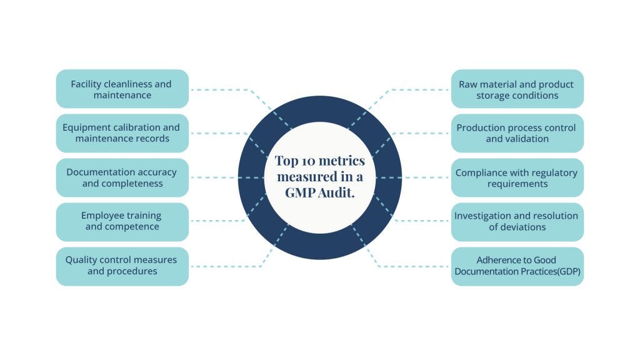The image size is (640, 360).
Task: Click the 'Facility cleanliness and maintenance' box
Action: click(122, 89)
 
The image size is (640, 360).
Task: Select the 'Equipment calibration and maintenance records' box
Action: click(122, 133)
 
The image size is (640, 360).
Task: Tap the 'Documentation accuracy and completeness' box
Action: click(122, 177)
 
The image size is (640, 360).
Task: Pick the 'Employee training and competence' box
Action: click(122, 221)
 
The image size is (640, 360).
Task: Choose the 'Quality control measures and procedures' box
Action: click(122, 266)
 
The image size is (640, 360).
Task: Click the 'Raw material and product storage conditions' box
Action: click(517, 89)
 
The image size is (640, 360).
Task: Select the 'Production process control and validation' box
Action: click(517, 133)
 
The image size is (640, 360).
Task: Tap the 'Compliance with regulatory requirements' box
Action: click(517, 177)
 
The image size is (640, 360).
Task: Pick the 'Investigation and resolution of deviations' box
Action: click(517, 221)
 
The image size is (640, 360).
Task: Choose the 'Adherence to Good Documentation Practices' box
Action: click(517, 266)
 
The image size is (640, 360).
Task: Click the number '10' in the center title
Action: click(307, 161)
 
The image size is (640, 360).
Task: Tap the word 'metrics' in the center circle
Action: click(342, 161)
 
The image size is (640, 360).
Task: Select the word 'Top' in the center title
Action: click(285, 161)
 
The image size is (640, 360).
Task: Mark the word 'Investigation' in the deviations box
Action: click(482, 216)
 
